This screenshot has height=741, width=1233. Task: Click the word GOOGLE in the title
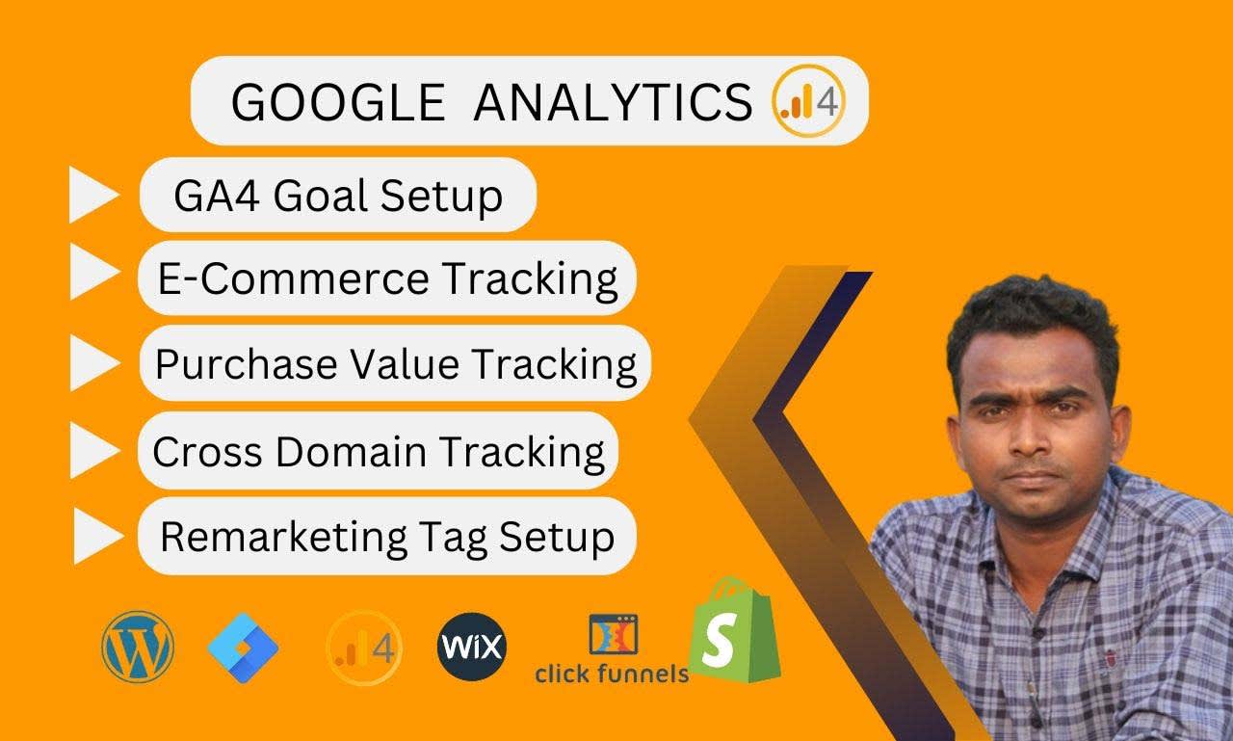(338, 102)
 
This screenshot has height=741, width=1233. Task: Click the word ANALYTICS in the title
(613, 102)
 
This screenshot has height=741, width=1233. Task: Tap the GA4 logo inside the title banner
(808, 101)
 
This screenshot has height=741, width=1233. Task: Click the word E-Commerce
(294, 278)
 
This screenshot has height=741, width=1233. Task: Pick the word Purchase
(246, 363)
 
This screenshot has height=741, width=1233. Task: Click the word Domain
(352, 451)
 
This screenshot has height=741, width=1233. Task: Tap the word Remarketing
(283, 538)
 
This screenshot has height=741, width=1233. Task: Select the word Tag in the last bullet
(453, 539)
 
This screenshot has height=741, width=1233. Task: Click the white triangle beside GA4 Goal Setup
(93, 196)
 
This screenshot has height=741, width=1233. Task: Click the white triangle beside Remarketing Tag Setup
(98, 536)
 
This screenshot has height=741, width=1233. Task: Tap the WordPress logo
(138, 647)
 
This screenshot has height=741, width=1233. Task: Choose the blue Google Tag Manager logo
(243, 648)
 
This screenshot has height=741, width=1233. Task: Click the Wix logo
(472, 647)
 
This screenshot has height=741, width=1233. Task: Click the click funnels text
(612, 674)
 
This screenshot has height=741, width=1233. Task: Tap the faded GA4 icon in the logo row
(364, 648)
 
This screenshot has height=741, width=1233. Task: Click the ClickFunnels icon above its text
(614, 635)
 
